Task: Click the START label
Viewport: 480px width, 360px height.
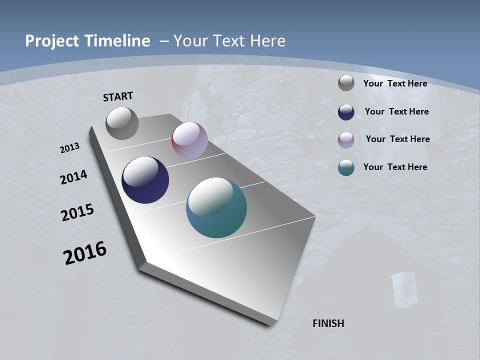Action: coord(118,96)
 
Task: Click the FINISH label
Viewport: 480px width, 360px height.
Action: coord(328,323)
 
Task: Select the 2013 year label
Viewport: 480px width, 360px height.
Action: coord(69,147)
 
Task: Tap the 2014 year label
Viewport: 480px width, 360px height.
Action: coord(73,177)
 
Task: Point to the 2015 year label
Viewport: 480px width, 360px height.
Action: coord(77,212)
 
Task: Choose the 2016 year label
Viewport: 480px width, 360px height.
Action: coord(85,253)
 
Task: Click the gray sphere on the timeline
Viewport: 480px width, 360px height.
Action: coord(122,123)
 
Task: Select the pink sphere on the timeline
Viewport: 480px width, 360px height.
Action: coord(189,140)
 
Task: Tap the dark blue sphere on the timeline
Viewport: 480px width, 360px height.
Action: coord(145,180)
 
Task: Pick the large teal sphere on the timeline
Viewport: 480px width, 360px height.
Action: coord(216,207)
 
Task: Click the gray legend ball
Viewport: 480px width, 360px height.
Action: coord(346,83)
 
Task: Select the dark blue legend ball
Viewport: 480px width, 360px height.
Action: coord(346,112)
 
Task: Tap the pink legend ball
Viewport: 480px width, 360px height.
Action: coord(346,140)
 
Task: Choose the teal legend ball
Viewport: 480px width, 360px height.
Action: coord(346,168)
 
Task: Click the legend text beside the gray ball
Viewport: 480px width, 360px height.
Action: coord(395,83)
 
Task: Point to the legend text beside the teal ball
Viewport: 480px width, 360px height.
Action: coord(395,167)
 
